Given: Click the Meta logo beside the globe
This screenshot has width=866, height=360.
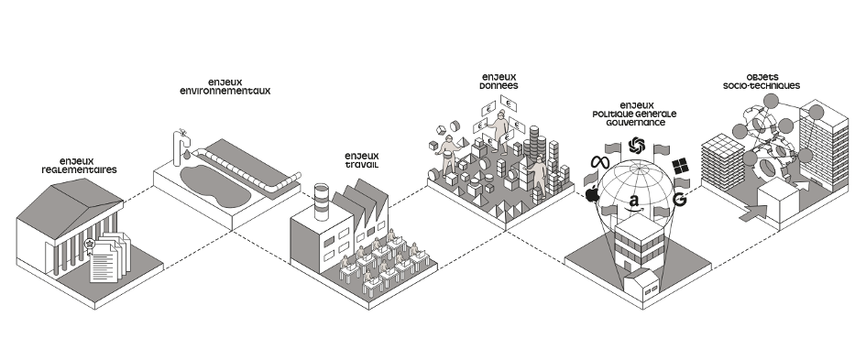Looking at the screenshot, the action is [x=600, y=162].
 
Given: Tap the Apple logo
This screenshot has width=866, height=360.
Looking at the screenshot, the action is [x=592, y=194].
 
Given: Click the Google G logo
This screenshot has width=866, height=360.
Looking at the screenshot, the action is [x=680, y=199].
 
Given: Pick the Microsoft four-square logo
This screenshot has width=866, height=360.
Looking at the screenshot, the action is [x=680, y=166].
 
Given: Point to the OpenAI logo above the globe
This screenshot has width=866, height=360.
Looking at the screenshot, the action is [x=637, y=146].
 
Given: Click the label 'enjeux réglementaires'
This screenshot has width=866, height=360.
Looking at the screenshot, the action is [x=80, y=166].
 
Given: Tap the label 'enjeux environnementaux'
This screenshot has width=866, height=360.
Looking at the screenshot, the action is [x=225, y=87].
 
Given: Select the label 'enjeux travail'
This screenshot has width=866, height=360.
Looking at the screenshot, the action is [x=362, y=160].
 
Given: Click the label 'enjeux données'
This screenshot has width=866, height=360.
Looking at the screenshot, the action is [x=499, y=82].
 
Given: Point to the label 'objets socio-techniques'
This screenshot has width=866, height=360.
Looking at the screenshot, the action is [x=762, y=82].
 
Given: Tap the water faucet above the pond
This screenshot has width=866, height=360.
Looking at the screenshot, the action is [x=180, y=147].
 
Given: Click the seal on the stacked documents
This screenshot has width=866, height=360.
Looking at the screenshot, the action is [x=89, y=245].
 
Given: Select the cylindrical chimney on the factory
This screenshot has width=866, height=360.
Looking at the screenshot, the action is [x=322, y=201].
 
